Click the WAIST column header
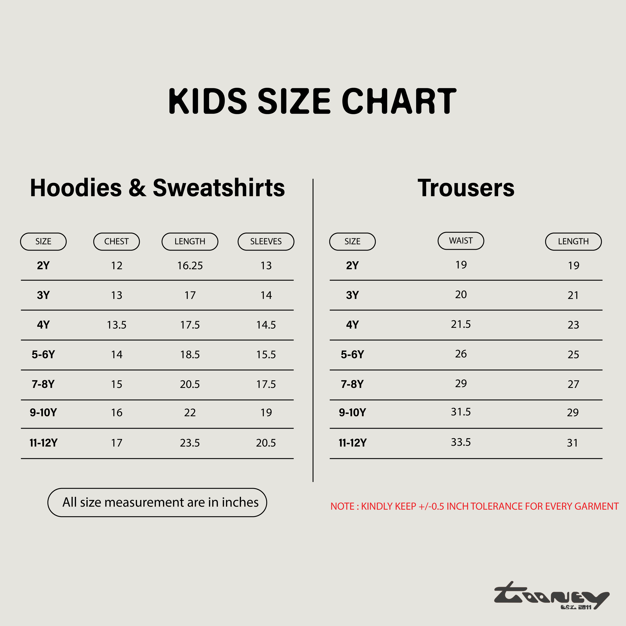[461, 241]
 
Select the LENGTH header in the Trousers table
[573, 241]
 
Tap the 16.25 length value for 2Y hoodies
[190, 266]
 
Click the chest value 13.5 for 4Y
[117, 325]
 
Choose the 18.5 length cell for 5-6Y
[190, 355]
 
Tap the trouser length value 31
[573, 443]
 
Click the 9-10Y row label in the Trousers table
[352, 413]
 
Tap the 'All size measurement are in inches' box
[157, 502]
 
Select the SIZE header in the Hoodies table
[43, 241]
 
